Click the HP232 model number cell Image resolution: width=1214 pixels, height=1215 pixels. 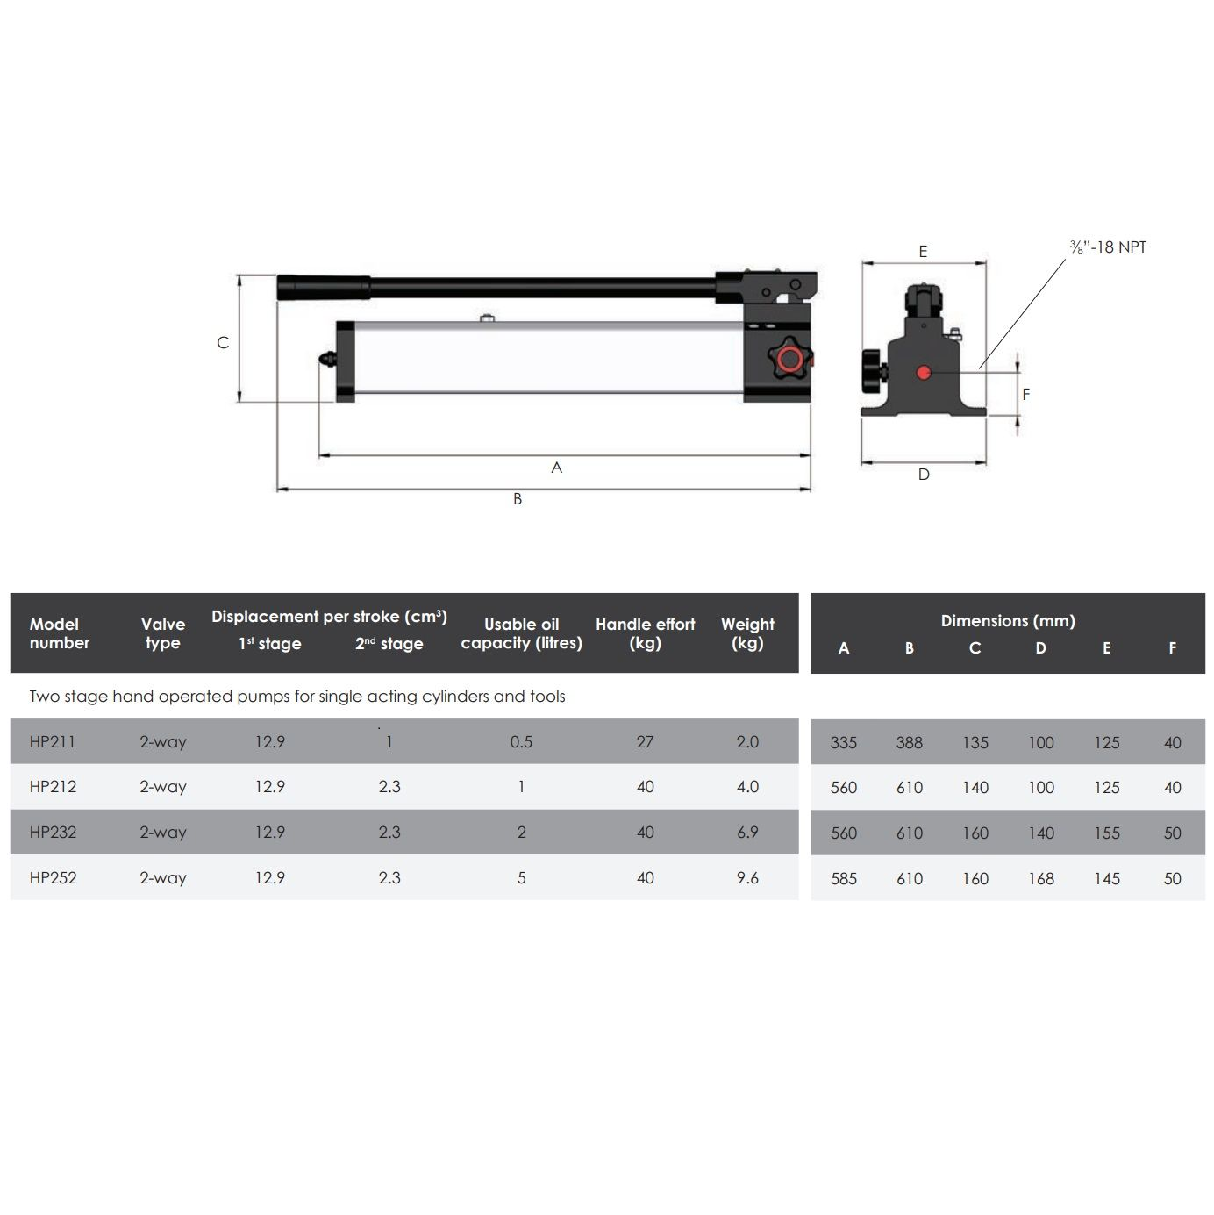point(53,833)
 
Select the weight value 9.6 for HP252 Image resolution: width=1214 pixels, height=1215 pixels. point(747,878)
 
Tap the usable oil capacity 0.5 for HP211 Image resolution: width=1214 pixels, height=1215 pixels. point(521,742)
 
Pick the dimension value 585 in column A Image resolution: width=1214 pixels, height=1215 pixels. point(843,879)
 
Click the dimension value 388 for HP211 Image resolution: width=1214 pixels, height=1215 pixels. point(909,743)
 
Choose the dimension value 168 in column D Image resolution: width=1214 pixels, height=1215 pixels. point(1040,879)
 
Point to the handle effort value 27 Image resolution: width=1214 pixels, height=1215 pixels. point(645,742)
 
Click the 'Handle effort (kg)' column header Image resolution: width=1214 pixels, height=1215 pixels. point(645,633)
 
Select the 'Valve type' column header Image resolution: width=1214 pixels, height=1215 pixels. point(163,633)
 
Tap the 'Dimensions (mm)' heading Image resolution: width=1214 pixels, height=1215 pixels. point(1007,621)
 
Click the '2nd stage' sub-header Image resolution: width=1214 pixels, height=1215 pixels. point(389,644)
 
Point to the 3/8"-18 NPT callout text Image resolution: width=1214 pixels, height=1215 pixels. point(1108,247)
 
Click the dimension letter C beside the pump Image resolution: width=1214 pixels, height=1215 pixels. point(223,343)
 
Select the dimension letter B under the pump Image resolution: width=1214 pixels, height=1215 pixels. point(518,499)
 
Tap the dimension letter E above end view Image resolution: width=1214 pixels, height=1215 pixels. point(923,252)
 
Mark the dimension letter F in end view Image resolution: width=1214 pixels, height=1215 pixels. point(1026,395)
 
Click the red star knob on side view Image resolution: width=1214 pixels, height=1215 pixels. point(788,360)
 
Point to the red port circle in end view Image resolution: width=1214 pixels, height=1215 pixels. point(923,373)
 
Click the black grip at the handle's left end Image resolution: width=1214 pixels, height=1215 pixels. point(323,288)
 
